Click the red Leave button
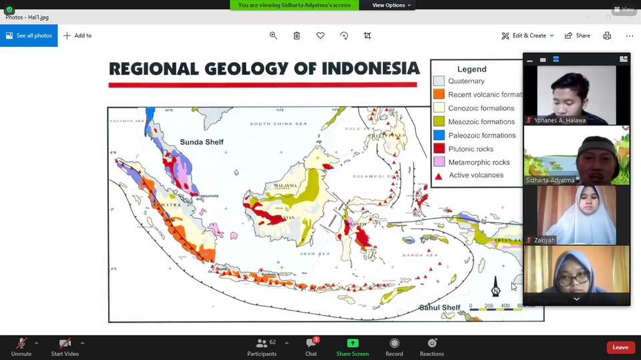click(x=620, y=347)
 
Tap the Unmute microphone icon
click(x=21, y=343)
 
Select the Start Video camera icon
click(x=66, y=343)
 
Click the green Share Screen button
click(x=353, y=343)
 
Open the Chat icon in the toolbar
click(x=311, y=343)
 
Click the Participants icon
click(x=262, y=343)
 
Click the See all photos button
click(x=29, y=35)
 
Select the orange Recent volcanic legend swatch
click(x=439, y=94)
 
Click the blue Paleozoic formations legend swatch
click(x=439, y=135)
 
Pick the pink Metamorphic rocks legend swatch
click(x=439, y=162)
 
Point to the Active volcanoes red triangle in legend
click(x=439, y=176)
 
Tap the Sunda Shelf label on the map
click(x=202, y=142)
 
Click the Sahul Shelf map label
click(x=439, y=307)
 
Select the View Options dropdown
click(x=391, y=5)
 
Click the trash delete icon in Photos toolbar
click(x=296, y=35)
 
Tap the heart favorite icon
click(x=320, y=35)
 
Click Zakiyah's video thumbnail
click(x=576, y=214)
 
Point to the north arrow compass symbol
click(x=495, y=287)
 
